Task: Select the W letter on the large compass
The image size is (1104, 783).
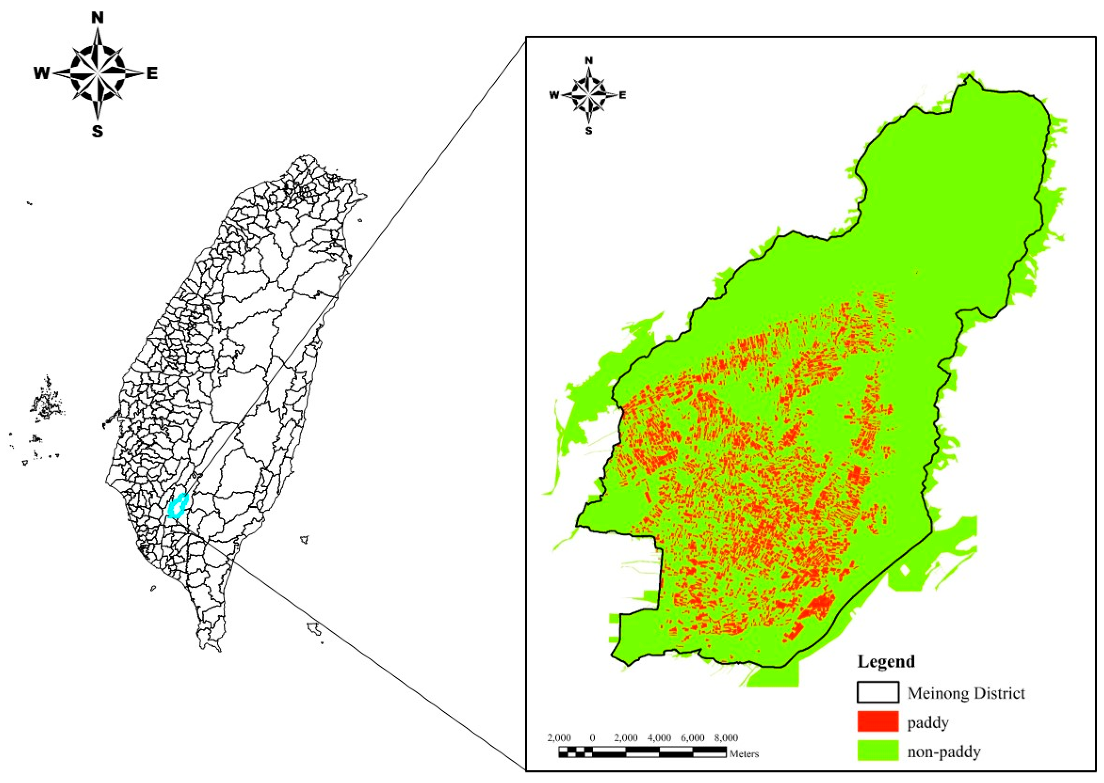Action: [x=41, y=74]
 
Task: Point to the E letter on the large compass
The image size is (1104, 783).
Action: [x=152, y=74]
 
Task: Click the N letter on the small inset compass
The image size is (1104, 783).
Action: [x=588, y=60]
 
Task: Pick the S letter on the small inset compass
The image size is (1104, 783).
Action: [x=588, y=131]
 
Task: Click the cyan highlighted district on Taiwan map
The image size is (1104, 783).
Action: [x=178, y=506]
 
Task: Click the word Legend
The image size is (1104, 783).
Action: [x=886, y=661]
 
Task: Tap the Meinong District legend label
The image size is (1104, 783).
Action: [x=966, y=693]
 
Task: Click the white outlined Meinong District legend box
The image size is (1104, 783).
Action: [x=878, y=692]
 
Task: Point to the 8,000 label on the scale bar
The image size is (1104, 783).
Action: [x=726, y=738]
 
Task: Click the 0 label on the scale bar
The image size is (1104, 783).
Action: [x=592, y=738]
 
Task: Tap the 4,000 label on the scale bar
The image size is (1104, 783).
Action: [x=659, y=738]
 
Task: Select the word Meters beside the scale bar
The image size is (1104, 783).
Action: [x=744, y=754]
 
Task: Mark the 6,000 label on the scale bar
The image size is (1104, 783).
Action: [x=692, y=738]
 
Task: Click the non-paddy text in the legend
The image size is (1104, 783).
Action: [x=944, y=751]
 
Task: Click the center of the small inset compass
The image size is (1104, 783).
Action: [x=588, y=95]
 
